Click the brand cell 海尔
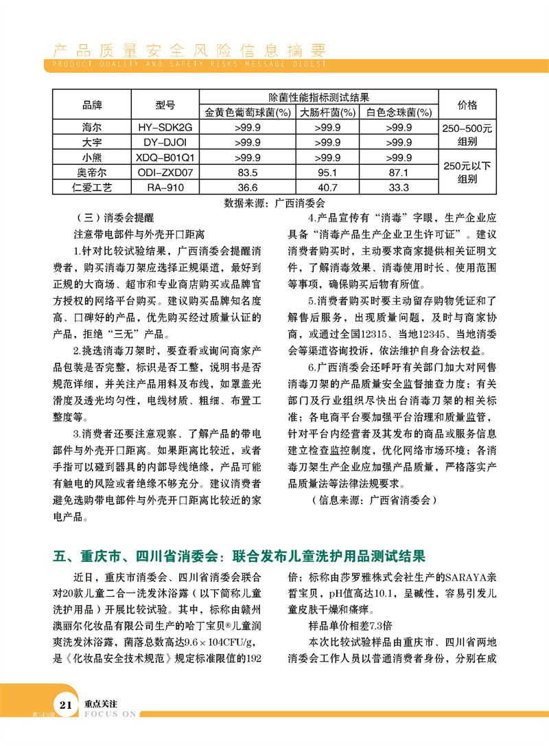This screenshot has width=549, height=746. pos(92,127)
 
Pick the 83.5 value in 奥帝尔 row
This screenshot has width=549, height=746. pos(246,172)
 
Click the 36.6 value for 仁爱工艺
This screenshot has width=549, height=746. pos(246,187)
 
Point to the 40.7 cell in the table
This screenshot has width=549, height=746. pos(327,187)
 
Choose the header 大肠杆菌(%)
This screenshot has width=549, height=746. pos(327,112)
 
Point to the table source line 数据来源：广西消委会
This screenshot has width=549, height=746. pos(274,203)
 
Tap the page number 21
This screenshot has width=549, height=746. pos(66,724)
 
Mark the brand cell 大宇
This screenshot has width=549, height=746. pos(92,142)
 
